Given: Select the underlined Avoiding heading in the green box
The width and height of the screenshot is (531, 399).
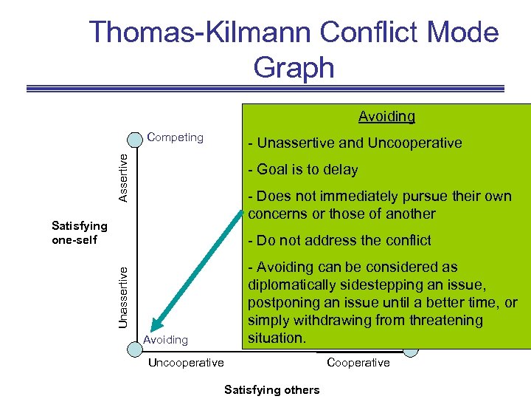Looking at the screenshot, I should [386, 116].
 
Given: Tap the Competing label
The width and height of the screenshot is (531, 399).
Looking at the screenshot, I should [176, 137].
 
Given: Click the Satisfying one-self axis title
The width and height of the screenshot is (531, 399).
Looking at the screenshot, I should [79, 233].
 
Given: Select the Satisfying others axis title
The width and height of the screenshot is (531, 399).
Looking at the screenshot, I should [272, 389].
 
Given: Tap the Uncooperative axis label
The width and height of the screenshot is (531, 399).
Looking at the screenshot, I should [186, 362].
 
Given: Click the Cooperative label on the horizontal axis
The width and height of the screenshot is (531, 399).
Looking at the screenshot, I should [358, 362].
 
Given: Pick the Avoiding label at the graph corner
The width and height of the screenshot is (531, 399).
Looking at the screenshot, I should [165, 340].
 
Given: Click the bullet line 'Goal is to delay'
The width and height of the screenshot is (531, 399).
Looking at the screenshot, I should [303, 169].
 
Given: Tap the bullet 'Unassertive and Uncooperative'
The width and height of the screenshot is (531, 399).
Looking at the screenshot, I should [355, 143].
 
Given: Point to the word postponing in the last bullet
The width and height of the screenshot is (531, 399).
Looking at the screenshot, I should [282, 303].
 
